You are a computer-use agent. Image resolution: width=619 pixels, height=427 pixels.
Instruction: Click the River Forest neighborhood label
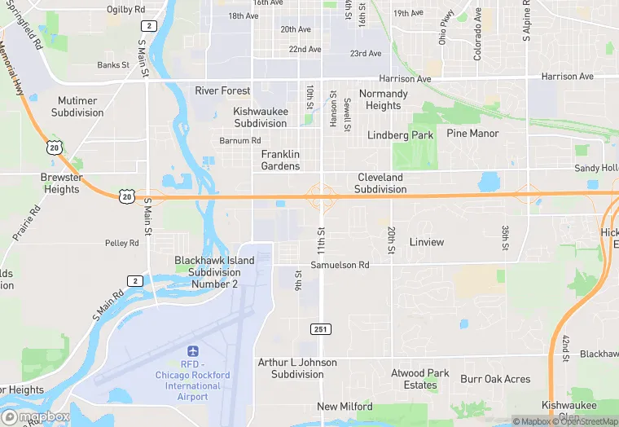[222, 90]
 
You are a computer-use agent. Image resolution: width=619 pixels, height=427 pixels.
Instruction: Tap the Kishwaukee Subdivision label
[261, 117]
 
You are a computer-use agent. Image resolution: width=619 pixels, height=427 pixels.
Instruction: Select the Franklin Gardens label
[280, 160]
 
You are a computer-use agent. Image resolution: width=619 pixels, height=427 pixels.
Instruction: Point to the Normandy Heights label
[383, 99]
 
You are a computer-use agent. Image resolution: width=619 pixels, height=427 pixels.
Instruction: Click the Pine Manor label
[472, 133]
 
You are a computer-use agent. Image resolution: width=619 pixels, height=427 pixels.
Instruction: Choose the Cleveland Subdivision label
[380, 183]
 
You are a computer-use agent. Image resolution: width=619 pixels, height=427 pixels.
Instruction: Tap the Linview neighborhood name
[427, 242]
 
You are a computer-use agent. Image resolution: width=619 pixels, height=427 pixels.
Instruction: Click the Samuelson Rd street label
[340, 265]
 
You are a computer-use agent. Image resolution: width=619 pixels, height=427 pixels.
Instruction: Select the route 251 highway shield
[320, 328]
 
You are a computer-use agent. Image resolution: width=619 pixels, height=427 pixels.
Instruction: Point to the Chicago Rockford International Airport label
[193, 381]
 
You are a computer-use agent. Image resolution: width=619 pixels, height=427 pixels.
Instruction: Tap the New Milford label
[345, 407]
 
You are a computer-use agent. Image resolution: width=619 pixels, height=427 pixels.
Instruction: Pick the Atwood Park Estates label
[420, 379]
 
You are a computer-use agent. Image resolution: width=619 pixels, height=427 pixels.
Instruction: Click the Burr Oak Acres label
[495, 379]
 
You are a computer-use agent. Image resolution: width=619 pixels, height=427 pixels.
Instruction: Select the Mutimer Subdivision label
[77, 107]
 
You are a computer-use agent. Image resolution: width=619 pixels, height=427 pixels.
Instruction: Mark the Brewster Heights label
[62, 183]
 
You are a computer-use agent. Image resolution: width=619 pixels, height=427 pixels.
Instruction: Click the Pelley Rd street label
[122, 243]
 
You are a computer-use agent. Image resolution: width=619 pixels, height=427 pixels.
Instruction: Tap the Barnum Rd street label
[240, 140]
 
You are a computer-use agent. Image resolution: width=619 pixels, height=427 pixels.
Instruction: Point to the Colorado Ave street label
[477, 34]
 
